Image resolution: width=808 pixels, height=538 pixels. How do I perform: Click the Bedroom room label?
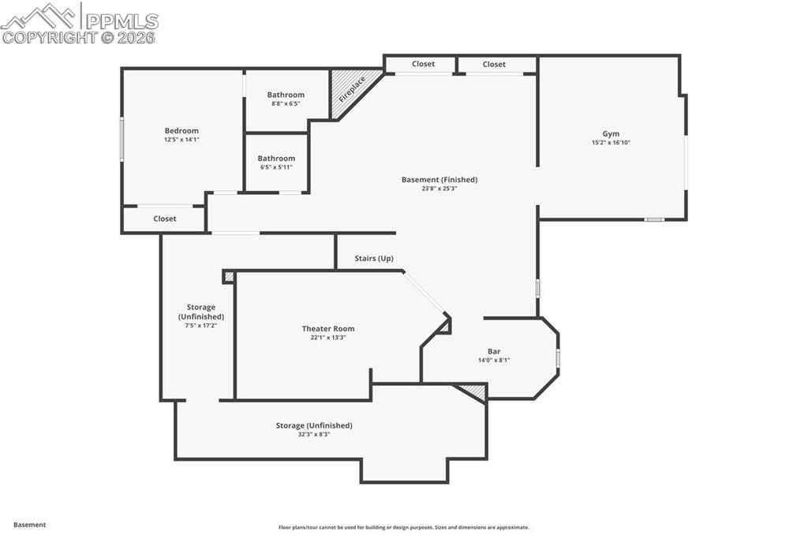[x=181, y=131]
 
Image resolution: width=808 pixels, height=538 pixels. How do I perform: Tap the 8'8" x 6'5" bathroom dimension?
[x=286, y=103]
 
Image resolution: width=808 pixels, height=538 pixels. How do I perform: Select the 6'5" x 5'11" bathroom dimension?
[x=276, y=167]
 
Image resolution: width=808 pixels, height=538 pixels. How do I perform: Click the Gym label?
[x=611, y=134]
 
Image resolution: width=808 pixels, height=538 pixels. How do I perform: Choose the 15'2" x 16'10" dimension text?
[x=611, y=143]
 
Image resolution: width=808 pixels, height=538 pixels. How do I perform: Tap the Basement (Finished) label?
[x=440, y=180]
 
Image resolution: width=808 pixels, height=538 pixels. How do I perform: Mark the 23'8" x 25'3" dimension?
[x=440, y=189]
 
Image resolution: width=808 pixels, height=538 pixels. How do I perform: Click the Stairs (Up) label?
[x=374, y=259]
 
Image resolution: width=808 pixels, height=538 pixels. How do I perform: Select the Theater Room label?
[x=328, y=329]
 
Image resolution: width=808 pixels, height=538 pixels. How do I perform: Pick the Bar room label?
[x=494, y=352]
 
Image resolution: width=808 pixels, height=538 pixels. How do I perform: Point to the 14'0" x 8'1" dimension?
[x=494, y=361]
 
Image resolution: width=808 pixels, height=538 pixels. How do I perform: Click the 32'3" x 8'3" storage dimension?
[x=314, y=434]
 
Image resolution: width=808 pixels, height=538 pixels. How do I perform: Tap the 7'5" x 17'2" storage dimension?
[x=200, y=325]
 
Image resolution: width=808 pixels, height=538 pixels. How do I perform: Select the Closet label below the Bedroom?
[x=165, y=219]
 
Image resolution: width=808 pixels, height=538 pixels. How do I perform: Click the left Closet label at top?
[x=423, y=64]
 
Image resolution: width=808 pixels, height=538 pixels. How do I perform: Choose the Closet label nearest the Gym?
[x=494, y=64]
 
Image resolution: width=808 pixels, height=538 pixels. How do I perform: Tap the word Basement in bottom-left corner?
[x=30, y=525]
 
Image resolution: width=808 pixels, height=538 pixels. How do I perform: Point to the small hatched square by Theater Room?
[x=229, y=277]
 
